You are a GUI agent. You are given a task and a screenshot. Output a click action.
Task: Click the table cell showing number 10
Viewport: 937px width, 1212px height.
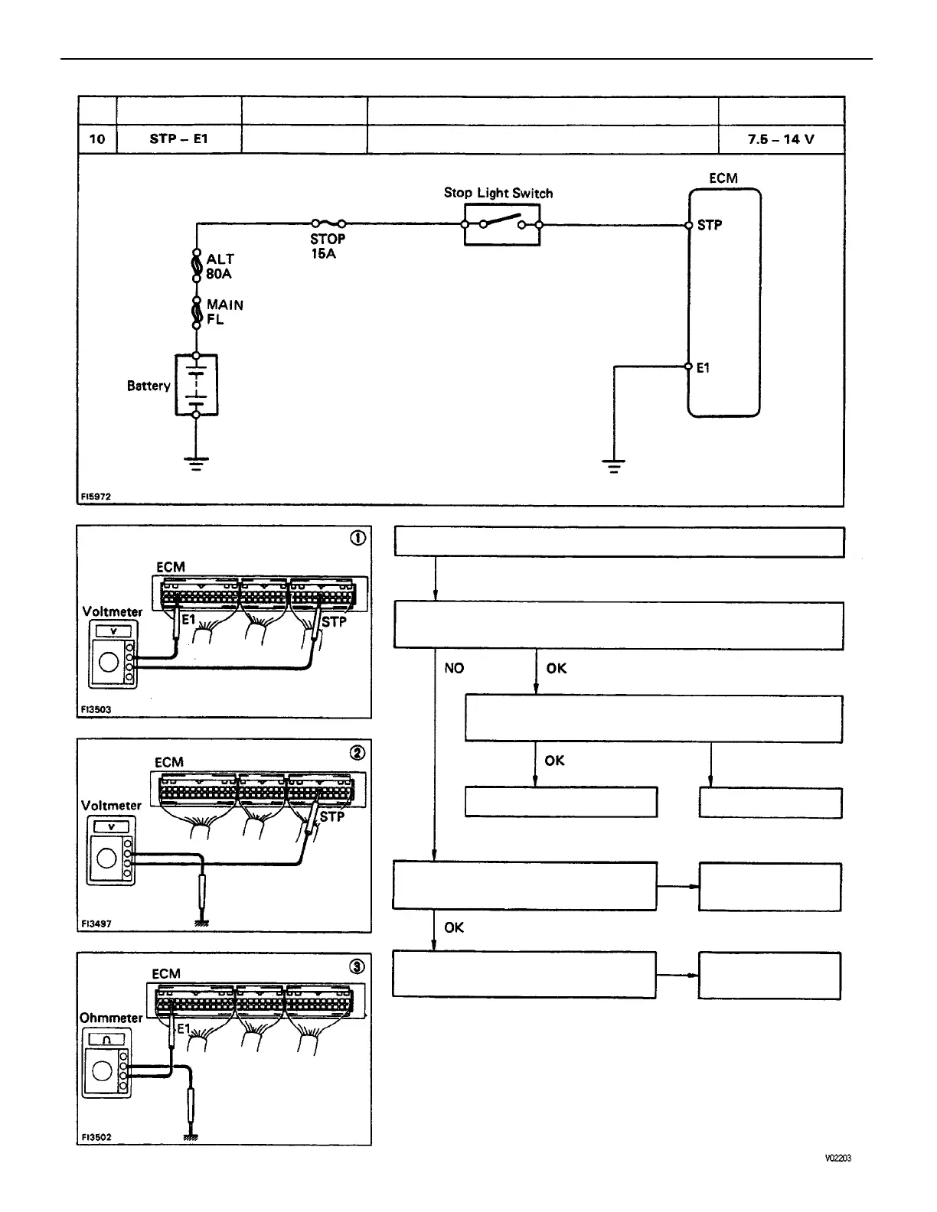[x=97, y=139]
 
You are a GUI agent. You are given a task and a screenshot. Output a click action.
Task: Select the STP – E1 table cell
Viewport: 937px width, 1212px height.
[x=179, y=139]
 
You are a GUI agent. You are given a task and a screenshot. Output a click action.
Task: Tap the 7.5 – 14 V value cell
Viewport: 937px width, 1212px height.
[x=781, y=139]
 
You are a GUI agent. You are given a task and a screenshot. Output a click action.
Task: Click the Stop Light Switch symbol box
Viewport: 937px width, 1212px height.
[x=501, y=224]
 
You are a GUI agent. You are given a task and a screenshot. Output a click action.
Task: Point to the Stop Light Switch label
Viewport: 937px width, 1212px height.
[x=498, y=193]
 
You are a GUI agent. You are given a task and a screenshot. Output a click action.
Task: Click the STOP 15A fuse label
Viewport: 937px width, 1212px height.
[x=328, y=246]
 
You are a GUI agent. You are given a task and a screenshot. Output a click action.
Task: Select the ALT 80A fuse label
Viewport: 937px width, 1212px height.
[x=220, y=266]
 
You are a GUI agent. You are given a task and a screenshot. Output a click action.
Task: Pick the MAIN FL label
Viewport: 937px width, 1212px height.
[x=224, y=312]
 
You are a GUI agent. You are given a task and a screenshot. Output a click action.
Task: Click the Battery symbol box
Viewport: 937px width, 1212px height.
[x=197, y=385]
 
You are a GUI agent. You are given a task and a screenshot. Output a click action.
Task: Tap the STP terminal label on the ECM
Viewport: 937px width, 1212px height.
[x=710, y=225]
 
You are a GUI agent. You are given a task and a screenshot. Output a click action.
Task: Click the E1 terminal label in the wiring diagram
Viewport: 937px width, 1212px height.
[x=703, y=368]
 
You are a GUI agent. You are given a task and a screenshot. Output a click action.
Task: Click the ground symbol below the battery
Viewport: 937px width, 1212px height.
[x=196, y=463]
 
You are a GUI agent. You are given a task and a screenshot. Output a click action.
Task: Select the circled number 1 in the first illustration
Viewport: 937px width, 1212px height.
[x=357, y=538]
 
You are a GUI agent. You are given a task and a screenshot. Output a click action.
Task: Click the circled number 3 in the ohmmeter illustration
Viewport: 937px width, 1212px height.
[x=357, y=966]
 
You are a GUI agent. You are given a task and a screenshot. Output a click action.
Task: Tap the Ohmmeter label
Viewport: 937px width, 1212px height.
[x=111, y=1018]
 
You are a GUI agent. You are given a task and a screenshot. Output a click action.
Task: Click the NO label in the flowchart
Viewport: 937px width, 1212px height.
[x=454, y=669]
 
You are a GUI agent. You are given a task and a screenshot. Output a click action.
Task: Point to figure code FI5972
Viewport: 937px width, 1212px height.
[x=96, y=497]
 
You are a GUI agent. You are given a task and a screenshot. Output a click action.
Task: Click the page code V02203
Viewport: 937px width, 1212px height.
[x=837, y=1158]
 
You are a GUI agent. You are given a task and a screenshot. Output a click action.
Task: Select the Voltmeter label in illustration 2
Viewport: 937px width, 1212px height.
[x=111, y=805]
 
